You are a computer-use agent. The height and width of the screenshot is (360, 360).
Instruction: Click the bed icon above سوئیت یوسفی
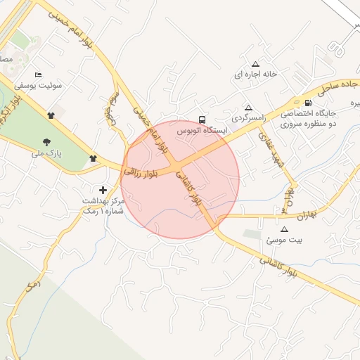point(38,75)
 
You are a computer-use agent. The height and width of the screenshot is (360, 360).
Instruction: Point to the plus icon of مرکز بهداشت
point(104,190)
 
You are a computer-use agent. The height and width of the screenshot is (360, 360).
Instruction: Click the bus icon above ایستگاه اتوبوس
point(202,120)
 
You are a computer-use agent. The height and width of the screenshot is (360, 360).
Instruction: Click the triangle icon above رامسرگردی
point(248,108)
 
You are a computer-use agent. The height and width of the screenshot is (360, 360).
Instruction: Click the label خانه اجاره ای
point(257,74)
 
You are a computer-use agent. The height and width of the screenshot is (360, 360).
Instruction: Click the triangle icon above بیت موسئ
point(284,229)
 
